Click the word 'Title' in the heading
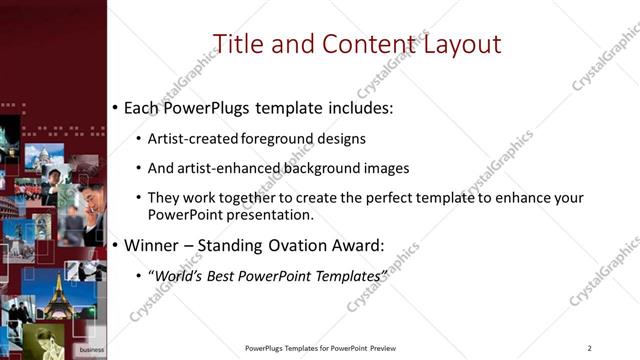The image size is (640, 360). (239, 44)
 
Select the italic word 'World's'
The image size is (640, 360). (180, 274)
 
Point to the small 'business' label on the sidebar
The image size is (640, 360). (91, 350)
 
